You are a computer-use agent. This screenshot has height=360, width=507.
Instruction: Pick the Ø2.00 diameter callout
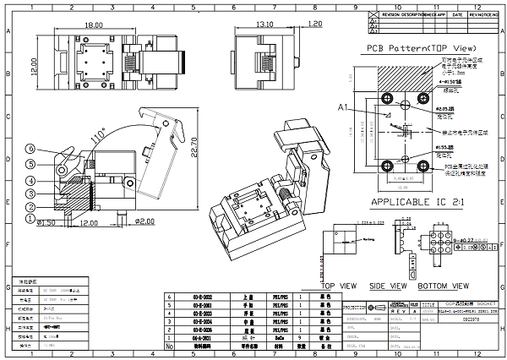point(145,221)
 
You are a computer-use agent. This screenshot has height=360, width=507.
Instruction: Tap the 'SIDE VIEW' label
point(388,286)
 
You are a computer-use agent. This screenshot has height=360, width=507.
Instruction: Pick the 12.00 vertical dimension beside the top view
point(35,64)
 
